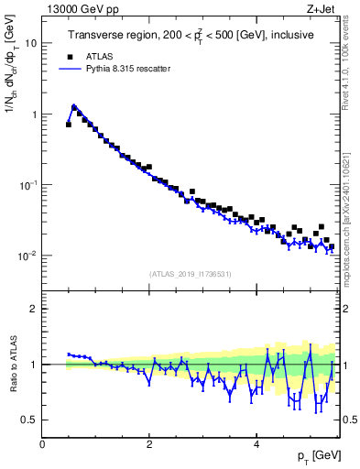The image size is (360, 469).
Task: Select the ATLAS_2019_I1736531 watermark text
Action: click(191, 273)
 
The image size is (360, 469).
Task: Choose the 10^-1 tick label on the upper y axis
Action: click(28, 184)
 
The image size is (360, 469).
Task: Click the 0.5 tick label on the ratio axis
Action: click(28, 420)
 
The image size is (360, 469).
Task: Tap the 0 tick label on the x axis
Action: click(43, 444)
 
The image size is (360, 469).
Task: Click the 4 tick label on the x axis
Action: click(256, 444)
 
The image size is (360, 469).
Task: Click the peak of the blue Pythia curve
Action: click(74, 105)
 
